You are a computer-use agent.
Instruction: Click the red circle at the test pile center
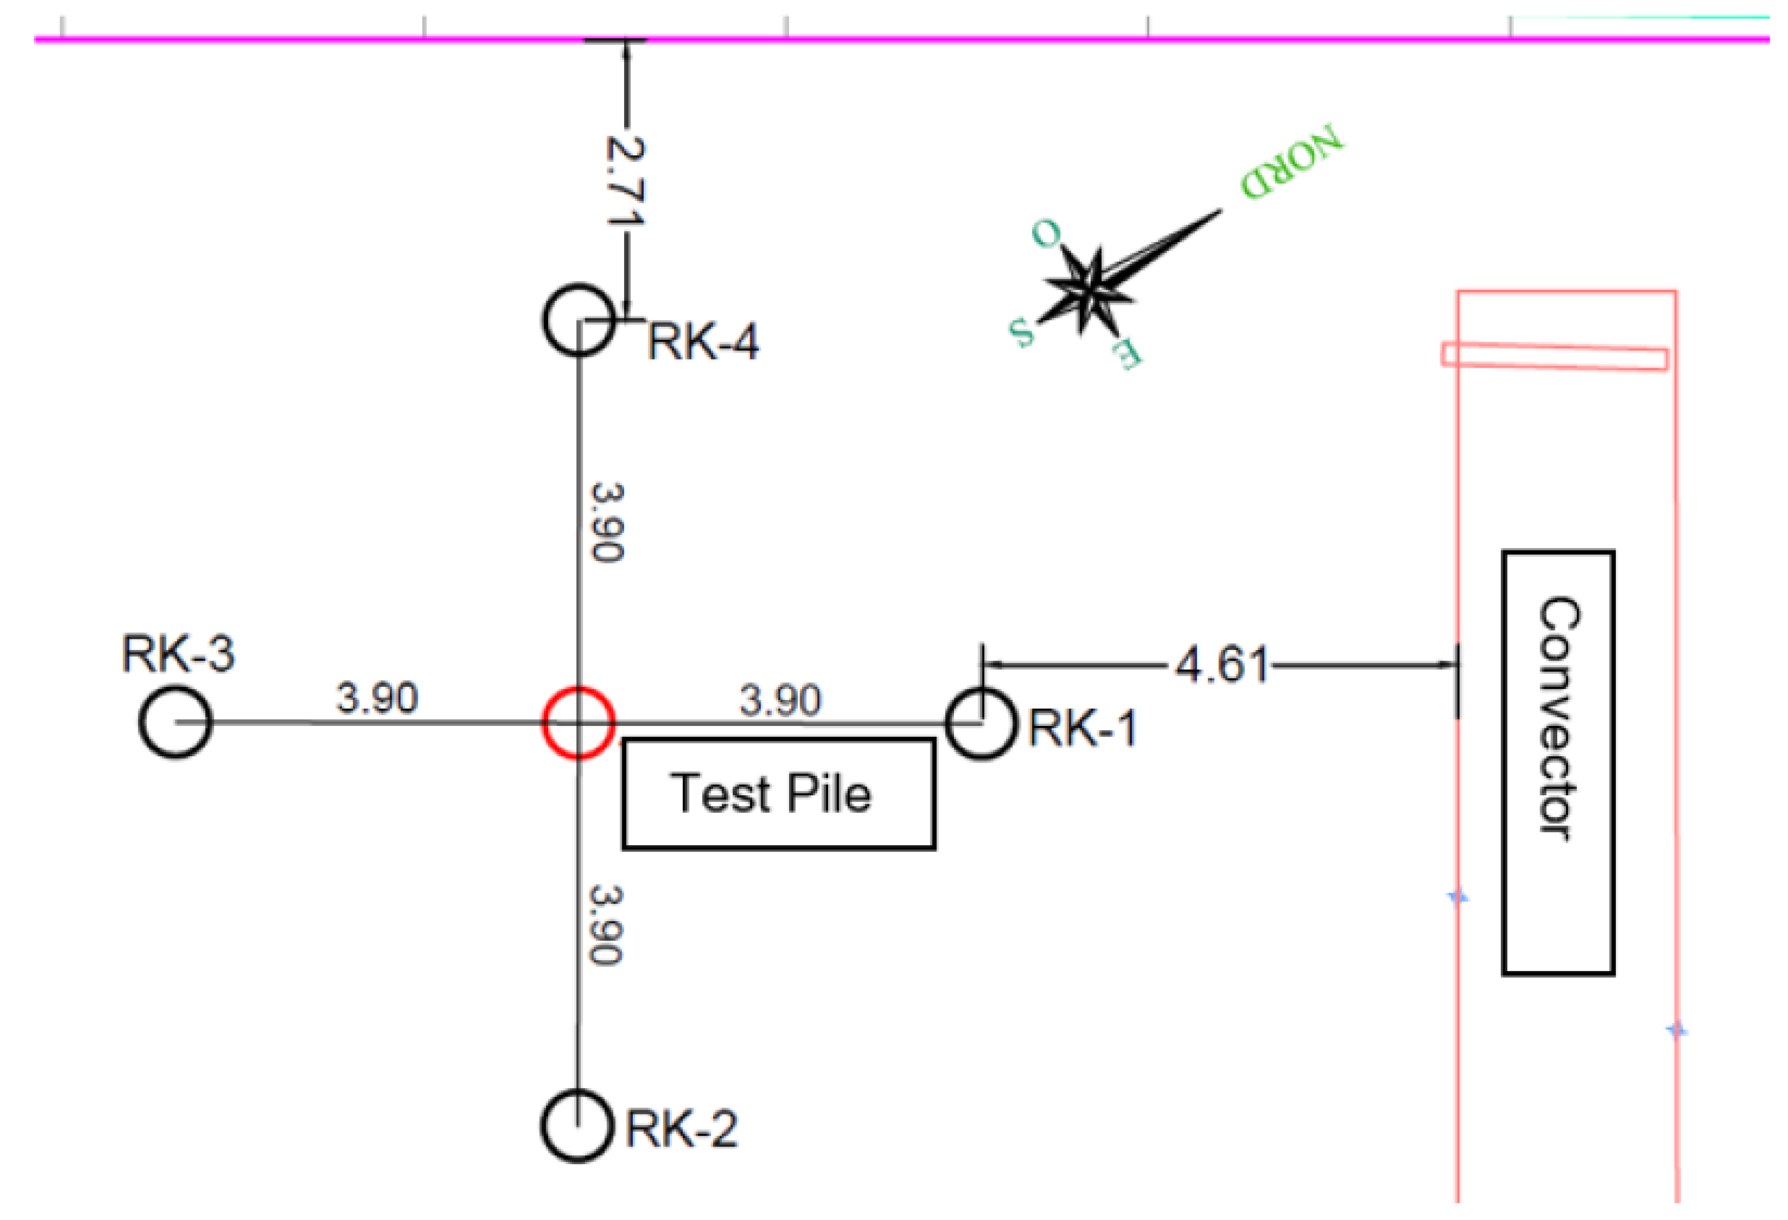(x=578, y=722)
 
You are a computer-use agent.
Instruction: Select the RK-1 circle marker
(x=981, y=723)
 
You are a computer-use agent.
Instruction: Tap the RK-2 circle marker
(x=577, y=1125)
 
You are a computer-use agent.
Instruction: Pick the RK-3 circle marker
(x=176, y=722)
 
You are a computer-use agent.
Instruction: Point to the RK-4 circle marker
(x=578, y=320)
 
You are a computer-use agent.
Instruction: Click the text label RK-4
(x=702, y=342)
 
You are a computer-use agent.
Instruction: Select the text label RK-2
(x=681, y=1129)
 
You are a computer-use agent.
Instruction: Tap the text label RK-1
(x=1083, y=728)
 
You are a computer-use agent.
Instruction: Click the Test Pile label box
(x=778, y=793)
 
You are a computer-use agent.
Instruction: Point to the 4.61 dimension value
(x=1221, y=665)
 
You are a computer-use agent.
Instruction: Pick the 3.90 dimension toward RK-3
(x=377, y=697)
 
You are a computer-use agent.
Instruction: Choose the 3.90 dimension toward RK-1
(x=780, y=700)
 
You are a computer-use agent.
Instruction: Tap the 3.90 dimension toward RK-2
(x=606, y=925)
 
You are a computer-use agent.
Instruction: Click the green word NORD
(x=1291, y=163)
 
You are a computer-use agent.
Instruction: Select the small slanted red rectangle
(x=1554, y=356)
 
